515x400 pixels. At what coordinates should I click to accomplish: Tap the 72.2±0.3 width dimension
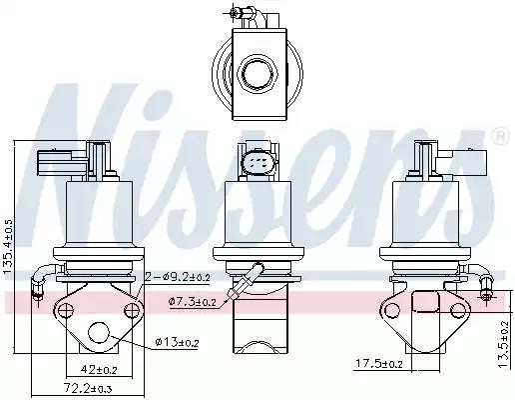(88, 388)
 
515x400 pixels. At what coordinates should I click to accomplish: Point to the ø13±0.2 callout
(177, 342)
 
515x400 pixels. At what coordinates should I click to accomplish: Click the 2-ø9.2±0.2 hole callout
(178, 277)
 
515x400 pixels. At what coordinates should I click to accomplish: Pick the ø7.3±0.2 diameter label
(193, 302)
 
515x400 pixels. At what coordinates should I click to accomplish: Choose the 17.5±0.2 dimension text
(379, 363)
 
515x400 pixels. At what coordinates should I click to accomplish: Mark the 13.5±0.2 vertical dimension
(504, 344)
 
